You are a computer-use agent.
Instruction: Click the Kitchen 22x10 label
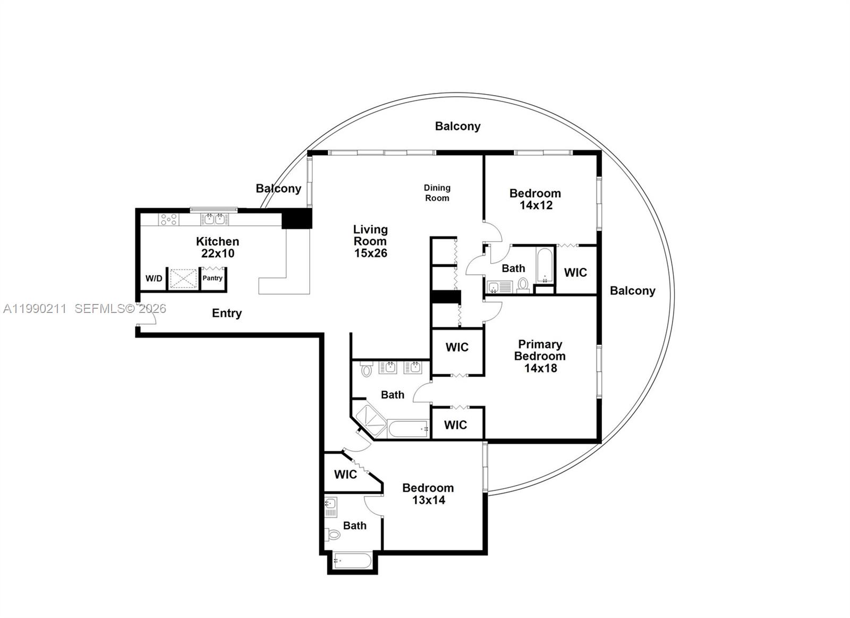217,247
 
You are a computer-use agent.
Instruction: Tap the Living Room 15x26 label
370,241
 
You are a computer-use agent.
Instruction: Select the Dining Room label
437,193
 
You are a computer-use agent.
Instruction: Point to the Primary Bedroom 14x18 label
540,356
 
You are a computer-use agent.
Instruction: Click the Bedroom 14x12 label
535,199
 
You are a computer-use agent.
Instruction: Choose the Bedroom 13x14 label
428,494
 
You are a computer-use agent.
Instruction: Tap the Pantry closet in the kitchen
212,278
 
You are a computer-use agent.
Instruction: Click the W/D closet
154,278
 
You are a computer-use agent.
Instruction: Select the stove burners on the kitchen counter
169,219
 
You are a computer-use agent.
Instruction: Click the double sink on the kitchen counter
215,219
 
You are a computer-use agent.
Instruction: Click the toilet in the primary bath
367,369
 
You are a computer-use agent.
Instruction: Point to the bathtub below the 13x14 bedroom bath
353,561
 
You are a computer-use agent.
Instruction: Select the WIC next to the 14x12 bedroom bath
575,272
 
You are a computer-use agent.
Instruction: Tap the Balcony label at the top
457,126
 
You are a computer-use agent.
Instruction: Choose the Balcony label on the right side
632,291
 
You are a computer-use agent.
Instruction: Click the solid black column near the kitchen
296,218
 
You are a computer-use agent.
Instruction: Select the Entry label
227,313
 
